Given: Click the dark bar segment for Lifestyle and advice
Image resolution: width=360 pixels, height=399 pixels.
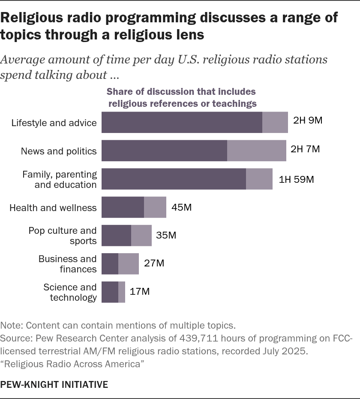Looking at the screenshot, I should [182, 122].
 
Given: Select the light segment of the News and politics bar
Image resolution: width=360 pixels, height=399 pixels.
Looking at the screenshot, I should [256, 150].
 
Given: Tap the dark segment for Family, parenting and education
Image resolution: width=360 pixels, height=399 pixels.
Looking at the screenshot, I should [174, 179].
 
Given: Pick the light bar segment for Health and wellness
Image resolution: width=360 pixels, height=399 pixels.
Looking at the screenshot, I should [155, 208].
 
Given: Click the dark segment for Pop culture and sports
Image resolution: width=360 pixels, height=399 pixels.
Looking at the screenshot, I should [116, 236].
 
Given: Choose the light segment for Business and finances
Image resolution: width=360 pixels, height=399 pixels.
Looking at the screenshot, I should [129, 263].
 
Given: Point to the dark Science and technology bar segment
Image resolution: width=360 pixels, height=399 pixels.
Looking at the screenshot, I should [110, 292].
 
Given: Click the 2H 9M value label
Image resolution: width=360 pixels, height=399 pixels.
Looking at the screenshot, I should [307, 120].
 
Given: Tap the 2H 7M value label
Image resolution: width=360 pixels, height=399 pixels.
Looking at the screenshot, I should [305, 149].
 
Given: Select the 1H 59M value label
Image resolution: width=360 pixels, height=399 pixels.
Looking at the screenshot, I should [296, 179].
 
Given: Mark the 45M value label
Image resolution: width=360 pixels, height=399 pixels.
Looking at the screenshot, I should [181, 208].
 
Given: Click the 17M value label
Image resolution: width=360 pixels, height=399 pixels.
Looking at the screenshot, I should [139, 292].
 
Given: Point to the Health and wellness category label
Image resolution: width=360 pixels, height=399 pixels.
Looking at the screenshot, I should [53, 208].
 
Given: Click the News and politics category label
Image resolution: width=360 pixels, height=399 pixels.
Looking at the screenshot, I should [59, 151].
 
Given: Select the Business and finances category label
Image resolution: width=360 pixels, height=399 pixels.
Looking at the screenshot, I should [68, 264].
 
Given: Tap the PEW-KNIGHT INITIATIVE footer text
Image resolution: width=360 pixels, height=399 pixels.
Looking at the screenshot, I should [54, 384].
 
